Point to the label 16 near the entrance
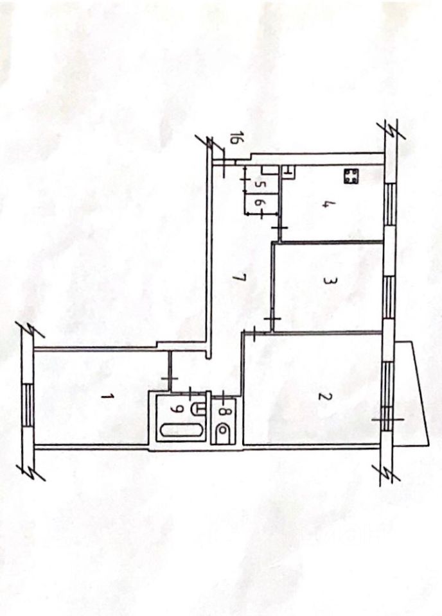[x=235, y=139]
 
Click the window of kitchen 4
[x=388, y=203]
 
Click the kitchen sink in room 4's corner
[x=288, y=171]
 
